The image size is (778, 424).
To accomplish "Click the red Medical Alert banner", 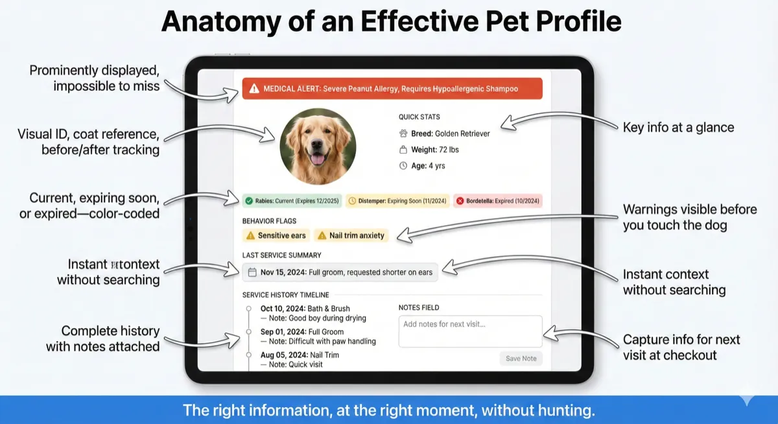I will pyautogui.click(x=392, y=89).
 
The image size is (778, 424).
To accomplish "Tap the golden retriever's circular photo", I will pyautogui.click(x=318, y=147).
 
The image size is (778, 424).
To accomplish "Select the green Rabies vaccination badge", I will pyautogui.click(x=290, y=201).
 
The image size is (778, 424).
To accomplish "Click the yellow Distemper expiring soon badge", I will pyautogui.click(x=396, y=201).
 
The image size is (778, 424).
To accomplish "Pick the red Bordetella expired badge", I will pyautogui.click(x=497, y=201).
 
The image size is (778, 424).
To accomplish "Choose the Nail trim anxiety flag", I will pyautogui.click(x=351, y=235).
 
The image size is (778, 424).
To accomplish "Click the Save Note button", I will pyautogui.click(x=521, y=359).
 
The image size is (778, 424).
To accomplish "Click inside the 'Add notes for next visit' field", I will pyautogui.click(x=470, y=331).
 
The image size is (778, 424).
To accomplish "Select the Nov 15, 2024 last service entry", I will pyautogui.click(x=340, y=272).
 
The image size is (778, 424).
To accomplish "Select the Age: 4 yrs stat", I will pyautogui.click(x=427, y=166).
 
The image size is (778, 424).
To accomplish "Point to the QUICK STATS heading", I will pyautogui.click(x=419, y=117).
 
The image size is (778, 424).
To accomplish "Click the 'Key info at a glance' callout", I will pyautogui.click(x=678, y=128).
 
